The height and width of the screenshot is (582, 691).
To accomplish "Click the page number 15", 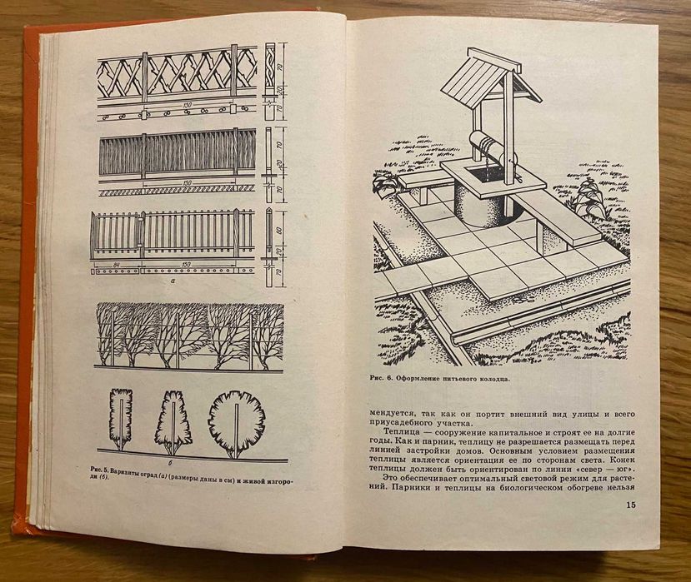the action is pyautogui.click(x=631, y=505).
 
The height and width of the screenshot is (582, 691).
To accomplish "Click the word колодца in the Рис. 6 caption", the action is pyautogui.click(x=489, y=378).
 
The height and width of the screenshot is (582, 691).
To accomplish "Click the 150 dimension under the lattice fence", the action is pyautogui.click(x=188, y=106).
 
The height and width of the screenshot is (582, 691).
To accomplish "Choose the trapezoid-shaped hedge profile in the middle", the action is pyautogui.click(x=173, y=422).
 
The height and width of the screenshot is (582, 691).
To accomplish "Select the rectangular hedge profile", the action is pyautogui.click(x=120, y=419).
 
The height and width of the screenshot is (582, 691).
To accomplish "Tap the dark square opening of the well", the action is pyautogui.click(x=483, y=174).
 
